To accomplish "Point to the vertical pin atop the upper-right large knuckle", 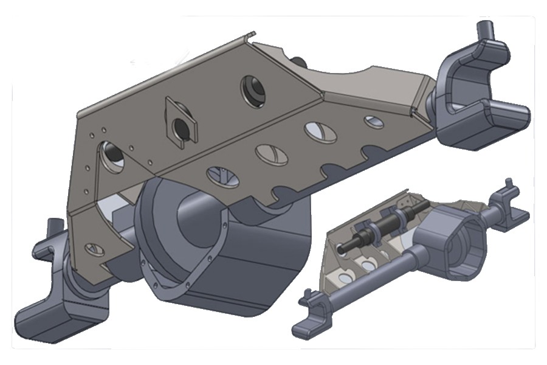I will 484,30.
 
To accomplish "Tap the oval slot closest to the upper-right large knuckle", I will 371,121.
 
